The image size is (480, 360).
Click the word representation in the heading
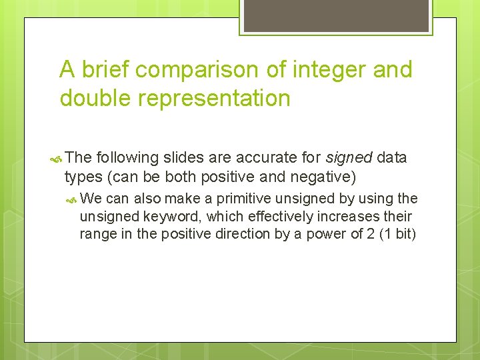(x=217, y=98)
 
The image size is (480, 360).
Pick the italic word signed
(x=349, y=157)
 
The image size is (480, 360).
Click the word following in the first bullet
(x=127, y=157)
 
